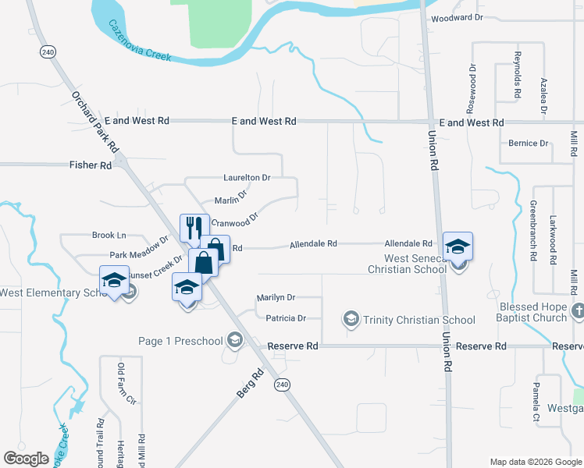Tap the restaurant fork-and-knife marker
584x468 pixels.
point(194,229)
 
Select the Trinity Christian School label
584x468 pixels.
point(419,320)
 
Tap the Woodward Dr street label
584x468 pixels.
point(458,17)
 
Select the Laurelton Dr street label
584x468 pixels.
point(247,178)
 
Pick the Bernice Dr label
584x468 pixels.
point(529,144)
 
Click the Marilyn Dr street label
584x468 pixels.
point(276,298)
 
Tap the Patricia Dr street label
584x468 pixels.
point(285,318)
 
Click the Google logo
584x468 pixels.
point(27,459)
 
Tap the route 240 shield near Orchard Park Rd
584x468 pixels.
point(48,51)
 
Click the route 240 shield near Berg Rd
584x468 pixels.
point(282,385)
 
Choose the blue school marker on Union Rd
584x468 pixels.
point(458,247)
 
